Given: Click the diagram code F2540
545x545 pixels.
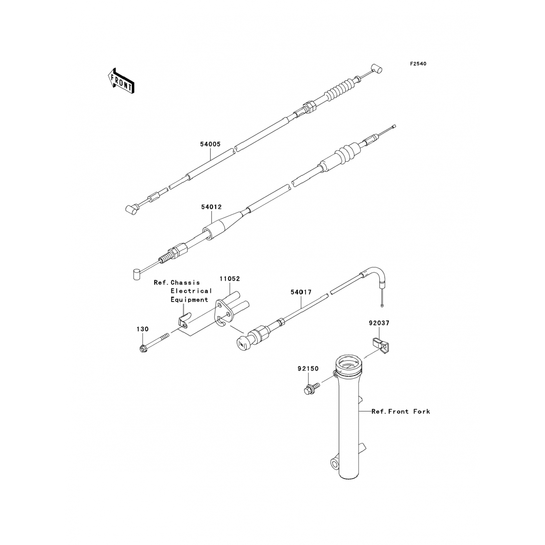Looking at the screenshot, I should tap(418, 64).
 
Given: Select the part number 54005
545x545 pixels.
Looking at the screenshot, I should tap(210, 144).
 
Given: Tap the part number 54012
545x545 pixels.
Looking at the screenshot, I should tap(211, 207).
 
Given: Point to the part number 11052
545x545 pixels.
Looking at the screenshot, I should tap(230, 279).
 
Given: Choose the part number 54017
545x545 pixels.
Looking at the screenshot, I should tap(301, 292).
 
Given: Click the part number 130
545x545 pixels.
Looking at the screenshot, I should tap(142, 329).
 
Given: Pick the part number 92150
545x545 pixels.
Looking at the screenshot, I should tap(308, 368).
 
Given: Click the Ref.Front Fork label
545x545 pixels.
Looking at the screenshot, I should tap(401, 411).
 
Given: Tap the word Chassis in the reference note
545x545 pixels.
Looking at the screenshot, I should tap(185, 282).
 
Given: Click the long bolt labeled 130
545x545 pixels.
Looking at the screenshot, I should tap(154, 342).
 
